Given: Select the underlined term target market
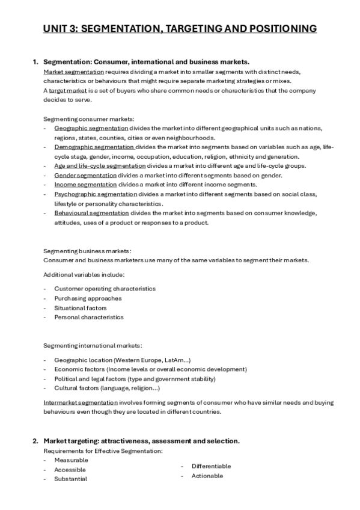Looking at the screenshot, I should point(68,90).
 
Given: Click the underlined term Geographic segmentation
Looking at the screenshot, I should point(91,128).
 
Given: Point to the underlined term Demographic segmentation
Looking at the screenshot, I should point(94,147).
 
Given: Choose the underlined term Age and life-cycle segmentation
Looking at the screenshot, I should point(100,165).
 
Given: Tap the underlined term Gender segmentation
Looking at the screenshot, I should point(85,175).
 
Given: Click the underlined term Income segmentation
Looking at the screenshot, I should point(85,185).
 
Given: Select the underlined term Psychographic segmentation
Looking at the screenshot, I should point(96,194).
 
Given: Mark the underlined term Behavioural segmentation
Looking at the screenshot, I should point(91,213).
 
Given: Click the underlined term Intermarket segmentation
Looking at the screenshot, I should point(81,402).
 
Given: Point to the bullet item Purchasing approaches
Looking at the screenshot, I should point(88,298).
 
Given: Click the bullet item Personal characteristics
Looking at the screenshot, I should point(88,317).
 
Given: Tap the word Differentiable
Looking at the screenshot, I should point(211,466).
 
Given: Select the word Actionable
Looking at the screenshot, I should point(207,476).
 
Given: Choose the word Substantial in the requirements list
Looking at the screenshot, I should point(70,479).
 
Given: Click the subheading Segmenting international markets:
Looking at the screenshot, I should point(93,345).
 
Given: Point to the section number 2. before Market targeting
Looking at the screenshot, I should point(35,441).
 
